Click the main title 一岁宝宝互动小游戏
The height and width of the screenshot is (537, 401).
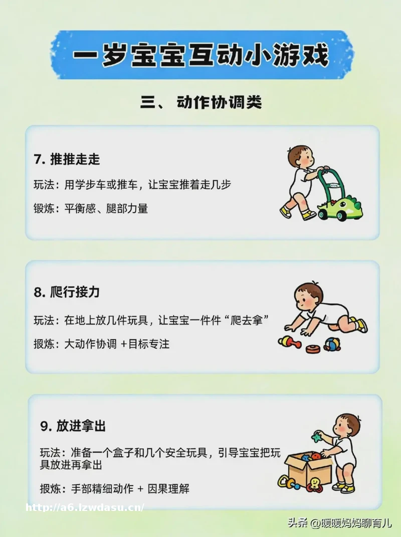pos(201,55)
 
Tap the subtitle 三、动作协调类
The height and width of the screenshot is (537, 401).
pos(201,102)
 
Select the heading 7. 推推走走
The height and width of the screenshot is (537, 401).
pos(67,159)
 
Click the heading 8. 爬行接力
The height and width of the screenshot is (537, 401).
pos(67,292)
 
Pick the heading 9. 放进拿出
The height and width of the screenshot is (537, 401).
pos(73,426)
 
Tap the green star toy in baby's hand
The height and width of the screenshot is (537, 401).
pos(316,437)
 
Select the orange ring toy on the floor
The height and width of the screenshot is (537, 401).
pos(313,349)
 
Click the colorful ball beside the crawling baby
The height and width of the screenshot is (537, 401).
pos(332,344)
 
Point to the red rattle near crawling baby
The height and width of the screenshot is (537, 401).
pos(290,342)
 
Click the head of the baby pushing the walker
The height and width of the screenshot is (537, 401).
pos(301,157)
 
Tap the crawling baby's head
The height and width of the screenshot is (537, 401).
pos(308,297)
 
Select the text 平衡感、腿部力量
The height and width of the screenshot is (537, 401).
pos(106,208)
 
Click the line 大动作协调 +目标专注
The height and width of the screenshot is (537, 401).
pos(117,344)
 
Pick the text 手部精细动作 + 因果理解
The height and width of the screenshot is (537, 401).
pos(130,489)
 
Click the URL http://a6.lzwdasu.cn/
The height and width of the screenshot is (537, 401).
pos(85,507)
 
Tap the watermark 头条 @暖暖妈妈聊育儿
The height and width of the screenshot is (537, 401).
pos(339,522)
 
